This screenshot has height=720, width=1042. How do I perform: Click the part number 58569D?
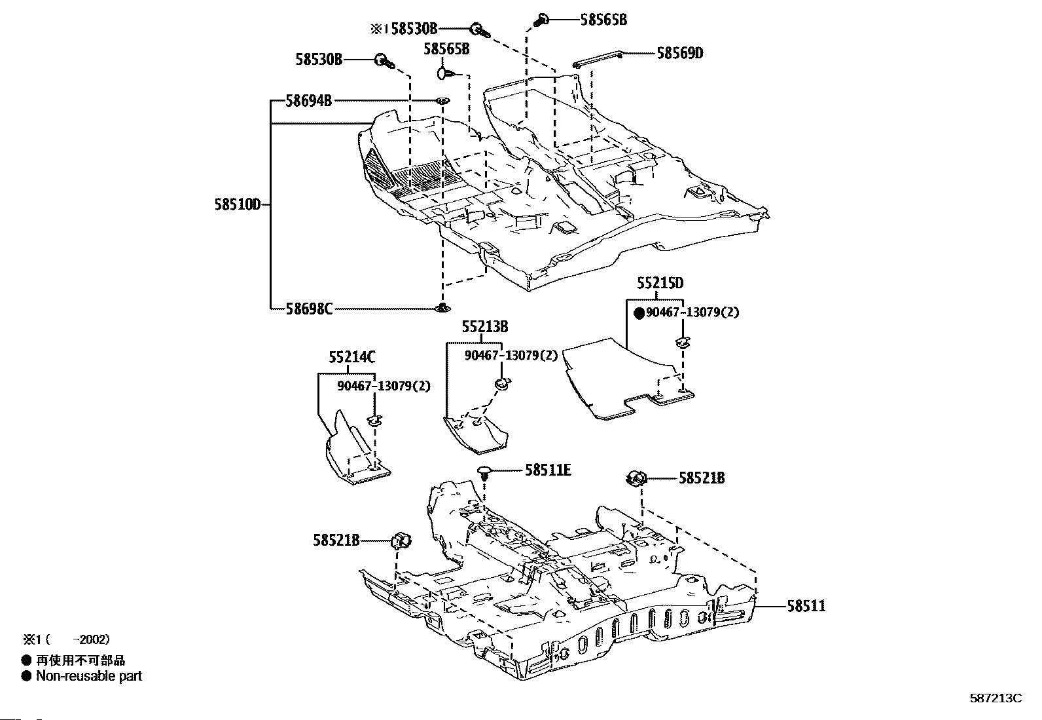pyautogui.click(x=679, y=53)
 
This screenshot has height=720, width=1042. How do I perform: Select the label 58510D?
pyautogui.click(x=237, y=204)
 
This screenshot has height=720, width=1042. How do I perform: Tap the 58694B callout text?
pyautogui.click(x=308, y=101)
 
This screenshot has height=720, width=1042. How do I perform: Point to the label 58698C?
pyautogui.click(x=309, y=309)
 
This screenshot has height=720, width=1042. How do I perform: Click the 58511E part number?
pyautogui.click(x=548, y=470)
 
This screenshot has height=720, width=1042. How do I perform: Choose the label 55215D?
pyautogui.click(x=660, y=282)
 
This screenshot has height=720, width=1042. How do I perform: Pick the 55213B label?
pyautogui.click(x=485, y=326)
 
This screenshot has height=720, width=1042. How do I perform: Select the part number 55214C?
pyautogui.click(x=352, y=357)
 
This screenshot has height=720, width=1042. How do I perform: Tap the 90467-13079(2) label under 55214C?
pyautogui.click(x=384, y=386)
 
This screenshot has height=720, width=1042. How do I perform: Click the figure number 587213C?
pyautogui.click(x=996, y=698)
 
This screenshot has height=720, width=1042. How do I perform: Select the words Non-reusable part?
pyautogui.click(x=89, y=675)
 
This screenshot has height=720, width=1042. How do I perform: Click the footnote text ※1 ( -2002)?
pyautogui.click(x=67, y=639)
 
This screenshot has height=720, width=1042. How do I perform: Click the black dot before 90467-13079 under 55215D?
pyautogui.click(x=639, y=313)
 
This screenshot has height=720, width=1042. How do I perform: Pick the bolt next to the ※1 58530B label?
pyautogui.click(x=480, y=31)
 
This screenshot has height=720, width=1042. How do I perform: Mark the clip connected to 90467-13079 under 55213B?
pyautogui.click(x=502, y=384)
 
